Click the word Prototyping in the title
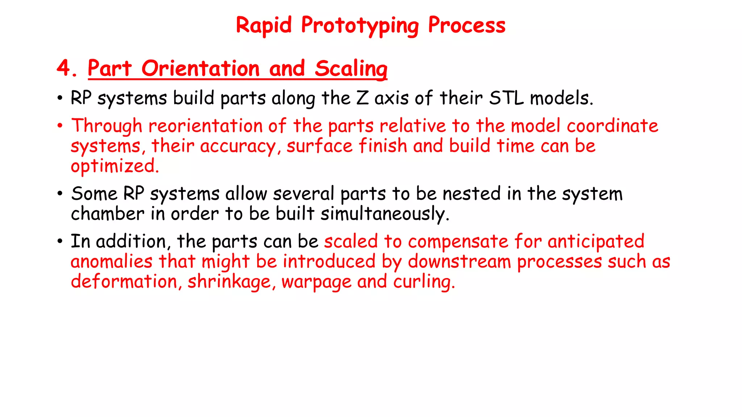point(360,26)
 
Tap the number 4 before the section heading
point(64,68)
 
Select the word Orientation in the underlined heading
point(201,68)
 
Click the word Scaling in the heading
point(351,69)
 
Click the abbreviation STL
point(506,98)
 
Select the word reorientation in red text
point(205,126)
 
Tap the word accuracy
point(238,146)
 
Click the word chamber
point(107,214)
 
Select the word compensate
point(458,241)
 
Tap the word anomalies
point(111,262)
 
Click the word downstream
point(459,262)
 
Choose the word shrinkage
point(229,282)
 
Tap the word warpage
point(316,282)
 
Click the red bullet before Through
point(60,126)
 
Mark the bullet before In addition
point(60,241)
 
